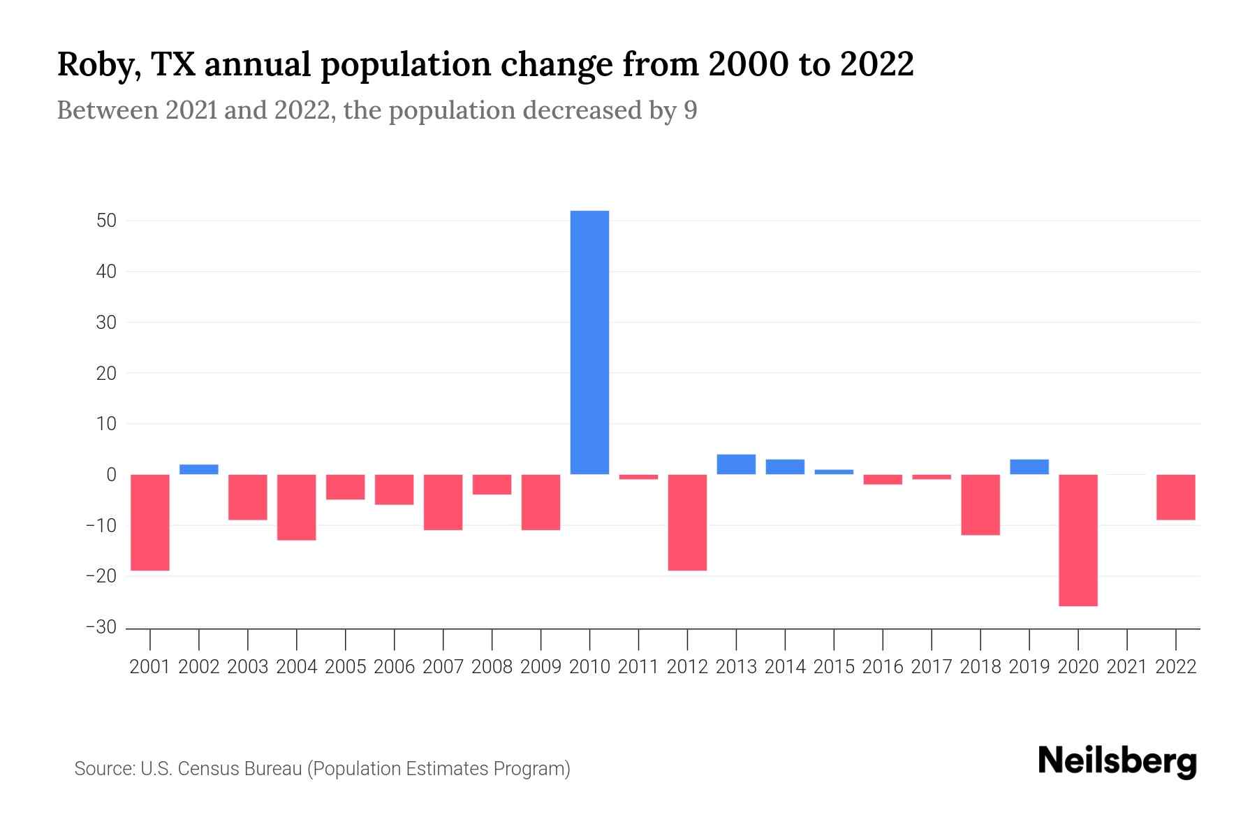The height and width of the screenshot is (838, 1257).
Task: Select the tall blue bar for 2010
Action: [x=589, y=342]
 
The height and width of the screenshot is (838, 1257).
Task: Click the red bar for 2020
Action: [x=1078, y=540]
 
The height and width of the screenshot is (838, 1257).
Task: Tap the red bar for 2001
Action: [x=150, y=522]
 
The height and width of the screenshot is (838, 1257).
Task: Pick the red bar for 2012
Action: [x=687, y=522]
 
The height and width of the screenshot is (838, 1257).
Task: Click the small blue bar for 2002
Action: [x=199, y=469]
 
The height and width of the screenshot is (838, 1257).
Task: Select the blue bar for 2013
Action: [x=736, y=464]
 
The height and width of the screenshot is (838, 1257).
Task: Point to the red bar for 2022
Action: [x=1175, y=497]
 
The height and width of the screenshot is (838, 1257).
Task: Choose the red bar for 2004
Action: [x=297, y=507]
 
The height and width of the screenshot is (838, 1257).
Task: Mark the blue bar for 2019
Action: [x=1029, y=467]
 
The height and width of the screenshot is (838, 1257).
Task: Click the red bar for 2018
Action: [x=980, y=505]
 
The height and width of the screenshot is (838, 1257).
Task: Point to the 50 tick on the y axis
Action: [x=107, y=221]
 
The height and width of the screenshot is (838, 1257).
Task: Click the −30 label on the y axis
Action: [x=101, y=627]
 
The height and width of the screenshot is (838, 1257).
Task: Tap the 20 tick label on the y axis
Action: [x=107, y=373]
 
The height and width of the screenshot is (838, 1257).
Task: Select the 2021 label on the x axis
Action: [x=1126, y=667]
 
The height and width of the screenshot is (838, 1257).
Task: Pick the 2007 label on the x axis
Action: [x=443, y=667]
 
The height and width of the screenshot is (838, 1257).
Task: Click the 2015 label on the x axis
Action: [x=834, y=667]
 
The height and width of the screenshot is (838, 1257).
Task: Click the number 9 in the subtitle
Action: [x=690, y=110]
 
